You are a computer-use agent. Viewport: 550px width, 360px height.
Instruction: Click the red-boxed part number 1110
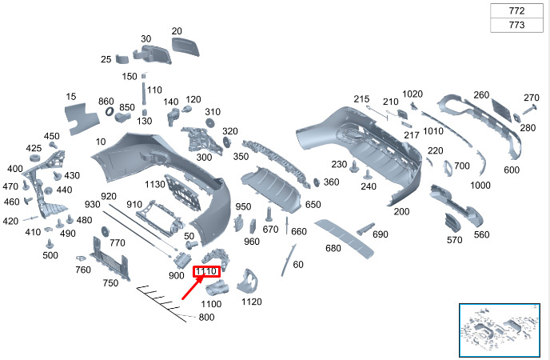point(206,271)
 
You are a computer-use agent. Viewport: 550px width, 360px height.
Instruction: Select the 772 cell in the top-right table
point(516,11)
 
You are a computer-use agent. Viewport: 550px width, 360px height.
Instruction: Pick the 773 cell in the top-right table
point(516,25)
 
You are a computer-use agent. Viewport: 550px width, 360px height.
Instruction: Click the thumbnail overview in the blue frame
point(500,330)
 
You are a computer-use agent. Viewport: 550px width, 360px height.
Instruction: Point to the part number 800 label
point(206,317)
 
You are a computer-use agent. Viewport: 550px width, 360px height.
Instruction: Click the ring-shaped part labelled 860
point(110,111)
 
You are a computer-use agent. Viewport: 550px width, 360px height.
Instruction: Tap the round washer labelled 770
point(105,231)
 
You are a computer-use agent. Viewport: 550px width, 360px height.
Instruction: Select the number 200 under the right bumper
point(401,211)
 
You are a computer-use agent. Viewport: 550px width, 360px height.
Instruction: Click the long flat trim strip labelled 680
point(344,238)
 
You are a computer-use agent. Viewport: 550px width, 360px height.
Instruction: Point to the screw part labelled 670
point(269,214)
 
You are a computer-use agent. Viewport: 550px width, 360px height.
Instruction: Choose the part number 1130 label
point(155,184)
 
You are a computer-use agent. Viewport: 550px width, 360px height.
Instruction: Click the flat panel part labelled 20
point(185,46)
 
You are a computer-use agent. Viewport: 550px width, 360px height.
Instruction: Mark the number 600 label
point(512,170)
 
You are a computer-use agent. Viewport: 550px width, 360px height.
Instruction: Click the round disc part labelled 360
point(317,182)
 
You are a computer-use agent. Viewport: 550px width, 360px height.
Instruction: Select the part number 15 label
point(71,97)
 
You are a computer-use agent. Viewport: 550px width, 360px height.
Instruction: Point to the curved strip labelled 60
point(288,260)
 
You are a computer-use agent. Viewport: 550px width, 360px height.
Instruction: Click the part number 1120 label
point(252,302)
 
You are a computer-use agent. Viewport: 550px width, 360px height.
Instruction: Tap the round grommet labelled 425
point(35,158)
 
